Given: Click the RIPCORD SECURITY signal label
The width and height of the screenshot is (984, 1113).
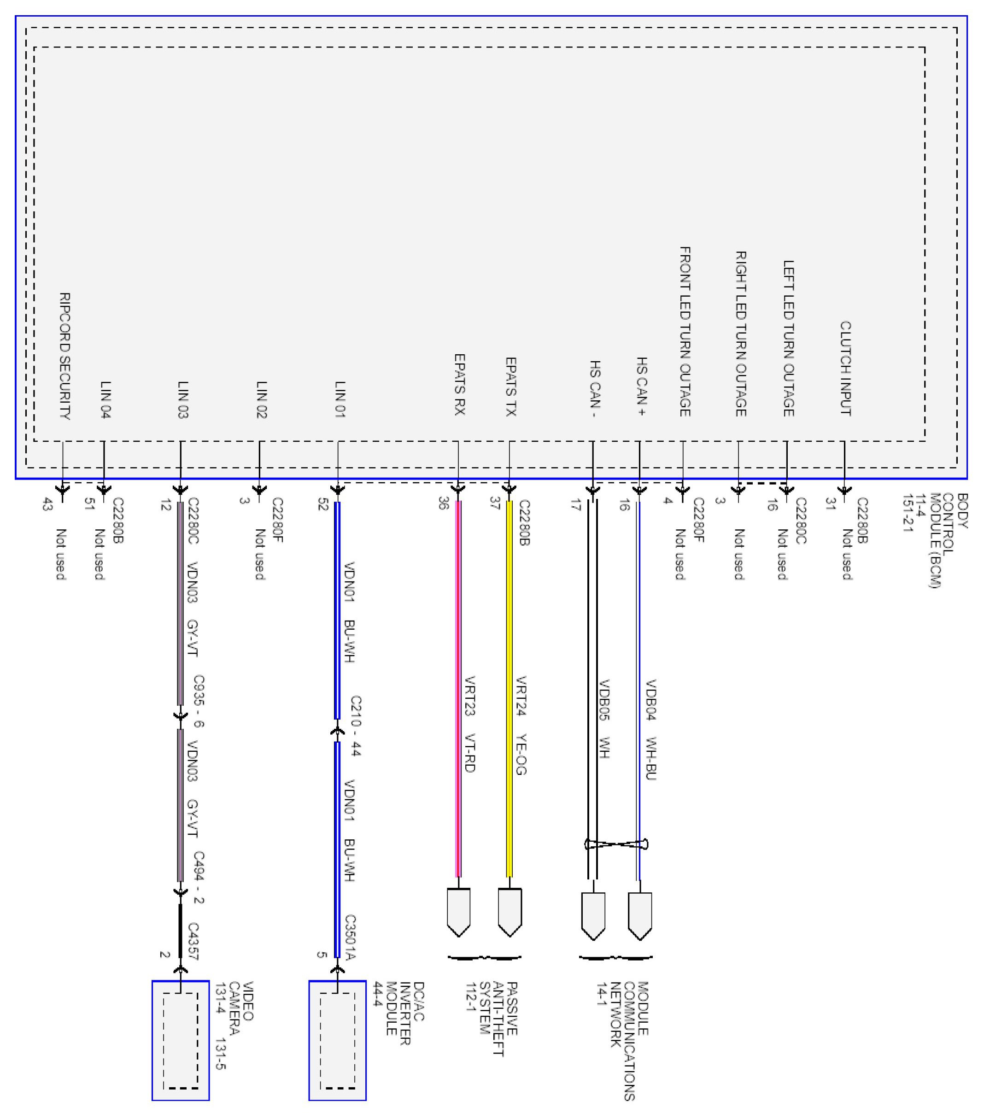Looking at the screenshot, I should [64, 357].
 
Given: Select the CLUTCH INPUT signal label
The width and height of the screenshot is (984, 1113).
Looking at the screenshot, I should [845, 369].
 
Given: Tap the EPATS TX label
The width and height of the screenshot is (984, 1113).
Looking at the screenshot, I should [510, 387].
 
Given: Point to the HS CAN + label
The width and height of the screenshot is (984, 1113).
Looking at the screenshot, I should [641, 387].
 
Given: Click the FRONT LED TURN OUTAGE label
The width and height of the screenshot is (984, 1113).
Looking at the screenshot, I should [685, 332].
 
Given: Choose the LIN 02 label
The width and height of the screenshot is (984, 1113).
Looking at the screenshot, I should [261, 400].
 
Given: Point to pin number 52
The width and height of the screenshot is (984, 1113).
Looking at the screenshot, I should [323, 505].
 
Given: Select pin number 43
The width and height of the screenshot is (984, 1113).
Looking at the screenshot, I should [47, 505].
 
